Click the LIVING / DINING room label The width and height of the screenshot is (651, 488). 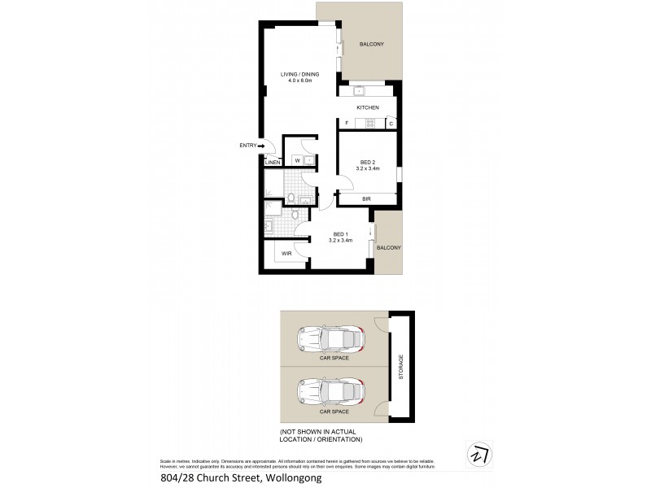(x=299, y=74)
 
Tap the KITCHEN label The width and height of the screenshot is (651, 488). (x=368, y=107)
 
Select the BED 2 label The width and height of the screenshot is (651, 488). (x=368, y=162)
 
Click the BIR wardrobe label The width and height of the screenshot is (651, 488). (x=366, y=198)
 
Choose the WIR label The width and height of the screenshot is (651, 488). (x=286, y=254)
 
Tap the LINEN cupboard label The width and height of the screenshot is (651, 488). (x=273, y=163)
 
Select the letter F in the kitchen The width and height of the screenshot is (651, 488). (x=347, y=124)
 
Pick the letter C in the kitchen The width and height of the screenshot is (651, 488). (x=391, y=124)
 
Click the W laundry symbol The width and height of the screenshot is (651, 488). (x=297, y=160)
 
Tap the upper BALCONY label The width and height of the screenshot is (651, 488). (x=370, y=44)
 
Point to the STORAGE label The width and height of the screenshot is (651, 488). (x=400, y=367)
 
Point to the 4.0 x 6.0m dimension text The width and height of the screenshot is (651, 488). (x=299, y=81)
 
